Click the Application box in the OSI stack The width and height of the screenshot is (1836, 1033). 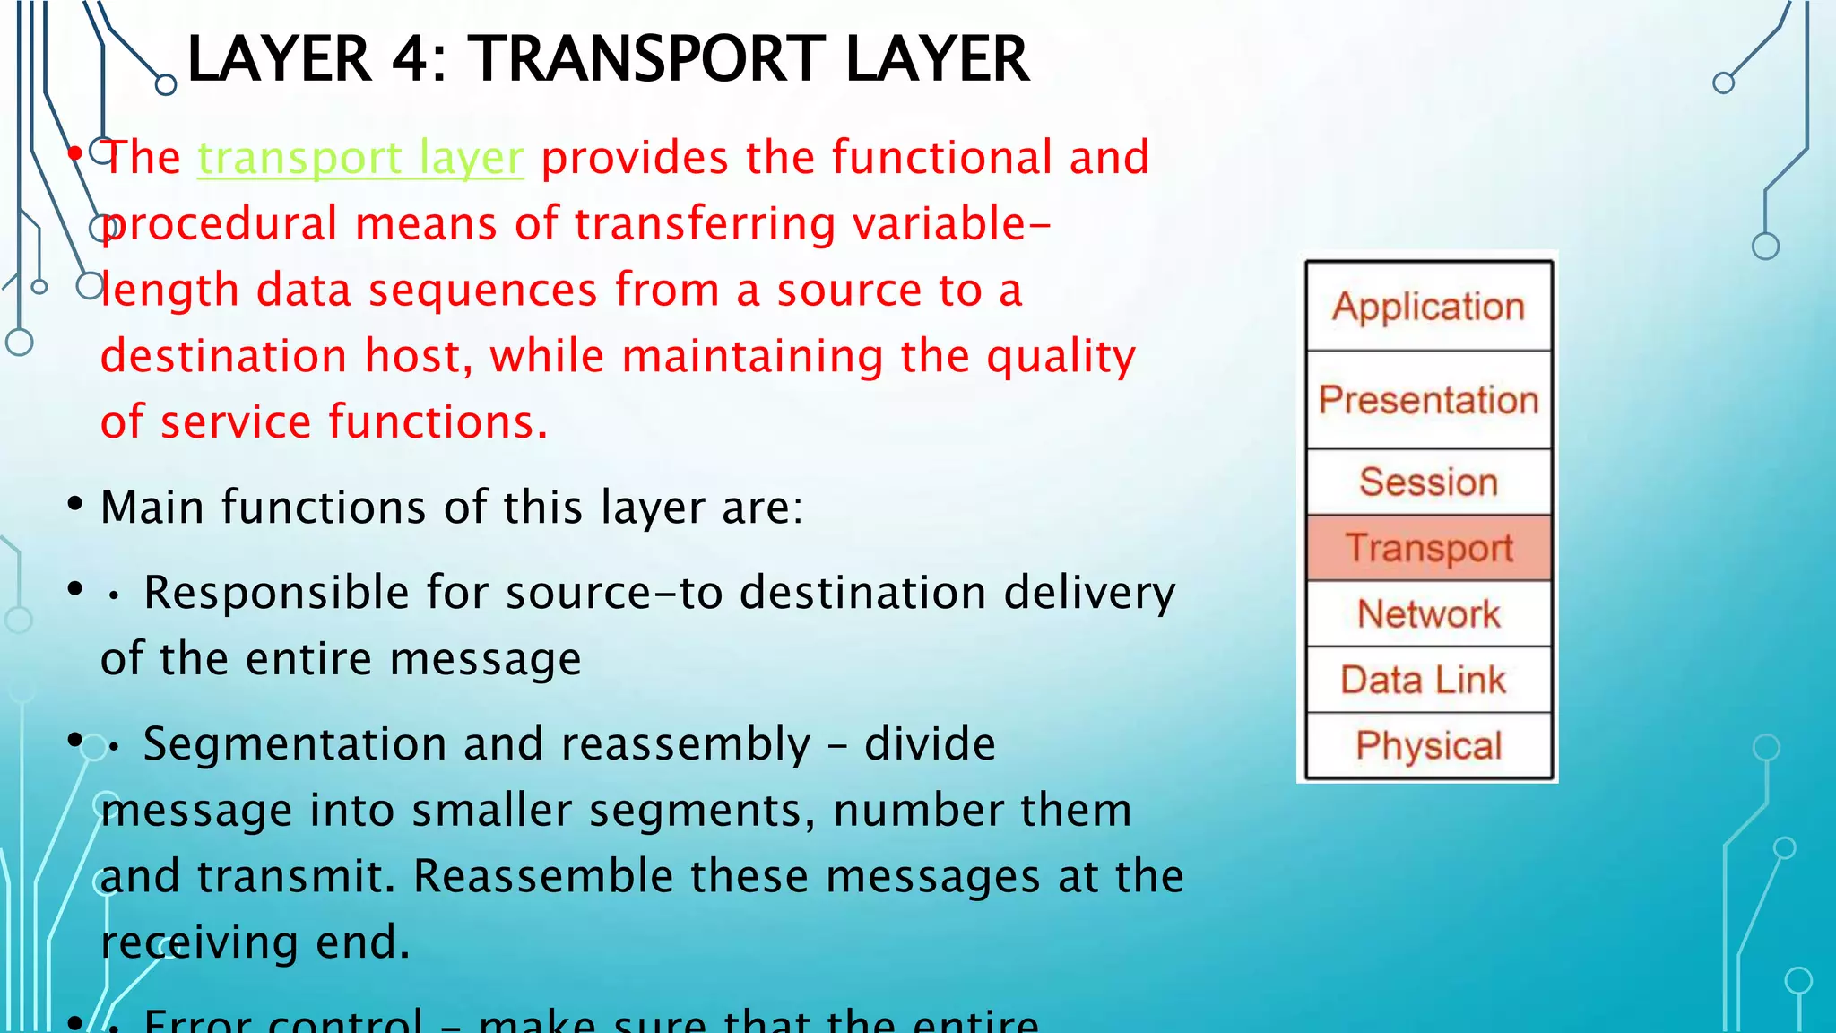point(1428,307)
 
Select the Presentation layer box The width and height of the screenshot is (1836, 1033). point(1428,400)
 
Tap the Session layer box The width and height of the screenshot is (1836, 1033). point(1428,482)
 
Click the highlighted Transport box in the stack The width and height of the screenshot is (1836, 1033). point(1428,548)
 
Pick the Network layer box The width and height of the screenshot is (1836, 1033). point(1428,614)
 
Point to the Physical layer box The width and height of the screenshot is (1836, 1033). point(1428,746)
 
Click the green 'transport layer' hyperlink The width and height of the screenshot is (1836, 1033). point(360,159)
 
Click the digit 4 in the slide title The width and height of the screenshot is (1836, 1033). point(411,59)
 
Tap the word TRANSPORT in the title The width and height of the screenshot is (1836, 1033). point(648,59)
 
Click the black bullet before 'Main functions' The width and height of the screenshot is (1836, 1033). point(75,505)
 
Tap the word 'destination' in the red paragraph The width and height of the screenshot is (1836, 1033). point(223,356)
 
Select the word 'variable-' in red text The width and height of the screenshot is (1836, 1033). point(952,224)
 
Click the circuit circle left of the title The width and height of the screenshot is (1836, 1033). point(166,85)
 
